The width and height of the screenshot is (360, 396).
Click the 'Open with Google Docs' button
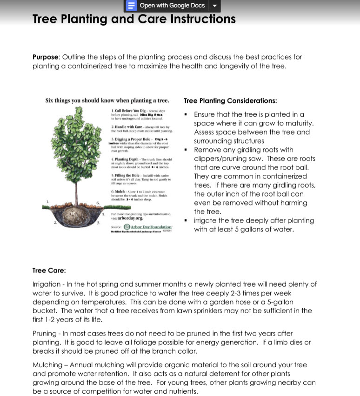(172, 6)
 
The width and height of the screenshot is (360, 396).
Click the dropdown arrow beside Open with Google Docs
(214, 6)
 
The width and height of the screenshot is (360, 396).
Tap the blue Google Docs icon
(132, 6)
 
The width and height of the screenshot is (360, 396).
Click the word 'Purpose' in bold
(46, 57)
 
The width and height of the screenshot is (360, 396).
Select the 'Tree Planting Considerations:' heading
(230, 101)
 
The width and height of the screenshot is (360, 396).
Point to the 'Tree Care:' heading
(49, 271)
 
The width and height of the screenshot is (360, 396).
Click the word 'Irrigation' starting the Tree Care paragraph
(47, 284)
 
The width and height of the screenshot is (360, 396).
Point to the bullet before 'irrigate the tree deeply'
(186, 221)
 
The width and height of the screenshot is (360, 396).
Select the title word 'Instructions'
(203, 19)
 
